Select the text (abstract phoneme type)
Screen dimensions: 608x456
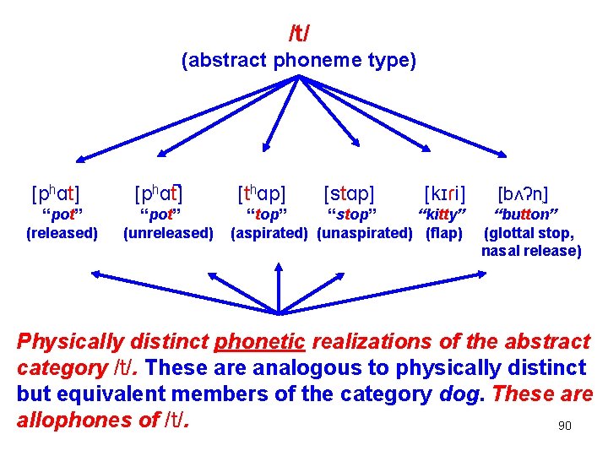299,61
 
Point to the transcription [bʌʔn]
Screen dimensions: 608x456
524,193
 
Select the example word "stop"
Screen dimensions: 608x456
352,213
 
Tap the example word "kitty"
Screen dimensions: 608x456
443,213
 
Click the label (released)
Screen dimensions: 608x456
62,232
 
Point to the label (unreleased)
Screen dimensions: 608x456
168,232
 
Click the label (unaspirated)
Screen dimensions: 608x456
365,232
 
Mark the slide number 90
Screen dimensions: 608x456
565,426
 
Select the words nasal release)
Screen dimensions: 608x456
531,251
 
